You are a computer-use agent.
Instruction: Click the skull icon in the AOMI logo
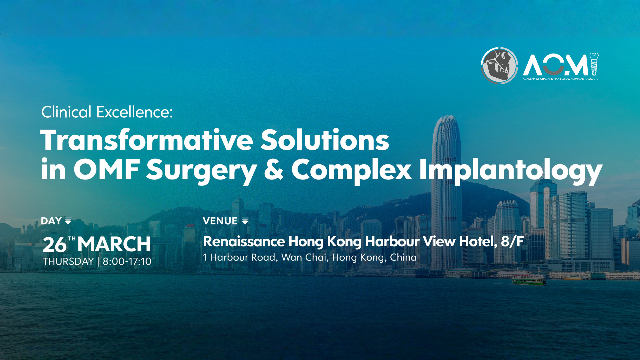[499, 66]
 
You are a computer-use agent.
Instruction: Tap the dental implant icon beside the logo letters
[594, 64]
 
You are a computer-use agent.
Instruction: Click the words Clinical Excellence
[107, 112]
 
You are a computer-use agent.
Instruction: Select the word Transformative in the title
[147, 140]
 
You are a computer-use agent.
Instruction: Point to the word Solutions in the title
[325, 140]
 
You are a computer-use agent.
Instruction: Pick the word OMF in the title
[106, 169]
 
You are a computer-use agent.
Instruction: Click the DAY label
[51, 221]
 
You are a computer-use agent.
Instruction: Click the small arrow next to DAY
[68, 221]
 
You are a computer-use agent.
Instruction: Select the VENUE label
[220, 221]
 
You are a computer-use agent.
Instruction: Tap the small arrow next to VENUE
[245, 221]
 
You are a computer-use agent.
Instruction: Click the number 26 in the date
[55, 245]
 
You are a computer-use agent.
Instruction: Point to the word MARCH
[114, 244]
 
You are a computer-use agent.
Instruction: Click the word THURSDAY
[68, 262]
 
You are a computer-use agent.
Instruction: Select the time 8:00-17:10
[127, 262]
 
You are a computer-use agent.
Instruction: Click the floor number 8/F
[513, 242]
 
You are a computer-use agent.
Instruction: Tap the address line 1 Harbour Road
[240, 257]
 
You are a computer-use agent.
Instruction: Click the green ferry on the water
[529, 279]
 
